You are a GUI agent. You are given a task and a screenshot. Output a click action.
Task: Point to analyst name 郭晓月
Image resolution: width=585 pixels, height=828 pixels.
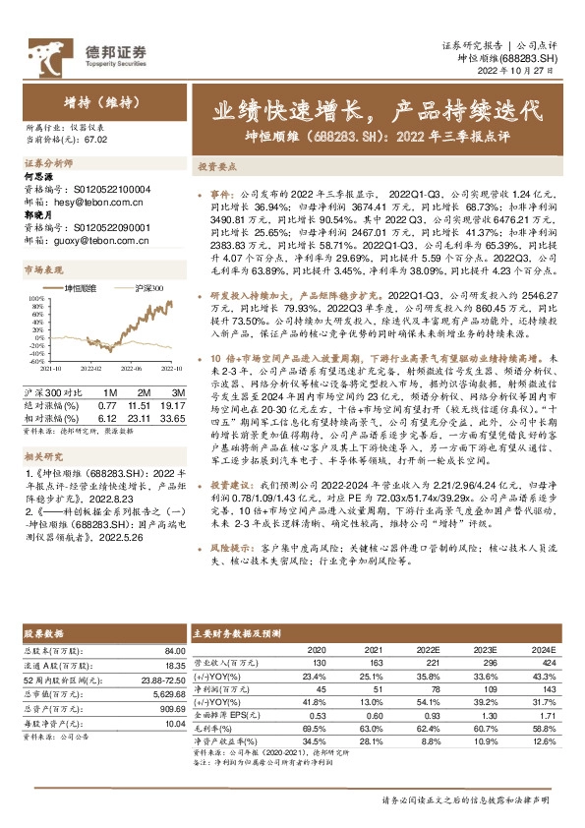tap(37, 209)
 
